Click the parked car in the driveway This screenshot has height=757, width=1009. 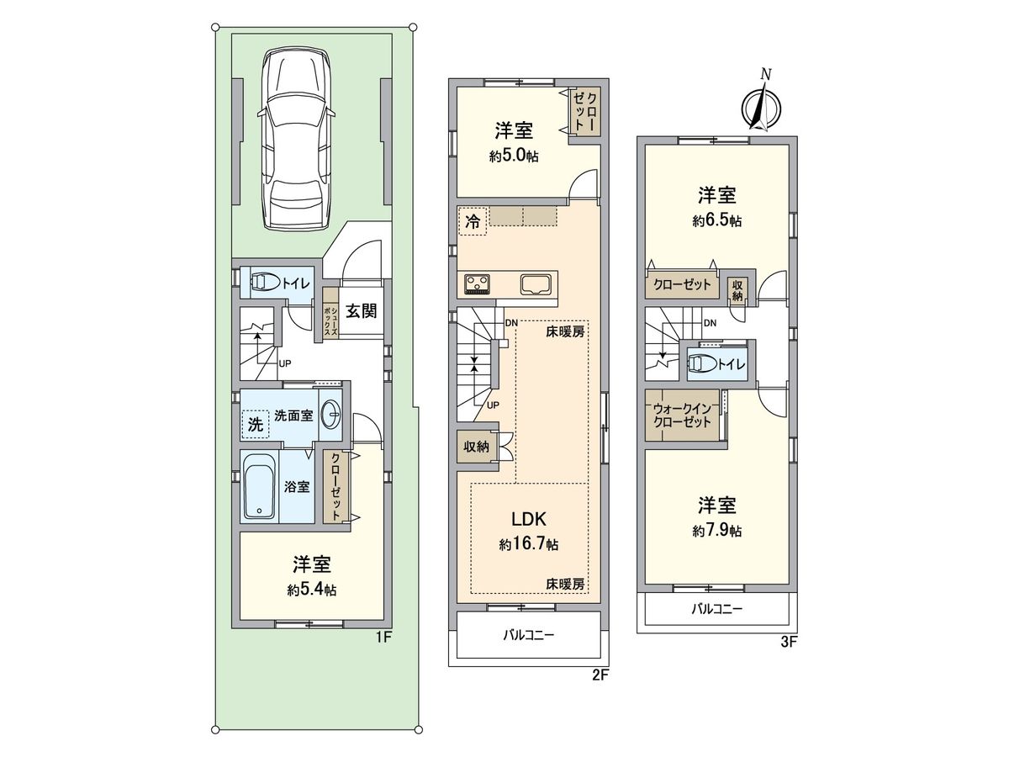[x=297, y=138]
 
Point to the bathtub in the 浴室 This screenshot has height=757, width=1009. [x=259, y=486]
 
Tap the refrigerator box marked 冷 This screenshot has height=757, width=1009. [x=473, y=222]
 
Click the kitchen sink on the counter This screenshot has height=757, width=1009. [x=536, y=284]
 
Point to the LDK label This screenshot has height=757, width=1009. [x=528, y=518]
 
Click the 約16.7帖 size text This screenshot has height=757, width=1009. [x=528, y=545]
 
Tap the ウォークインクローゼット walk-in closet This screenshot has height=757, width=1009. [x=683, y=416]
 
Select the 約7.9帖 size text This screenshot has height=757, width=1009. [x=717, y=532]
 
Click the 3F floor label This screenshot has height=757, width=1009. [x=788, y=641]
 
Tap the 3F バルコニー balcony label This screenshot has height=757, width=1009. [x=716, y=609]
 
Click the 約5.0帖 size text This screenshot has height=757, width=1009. [x=514, y=156]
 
